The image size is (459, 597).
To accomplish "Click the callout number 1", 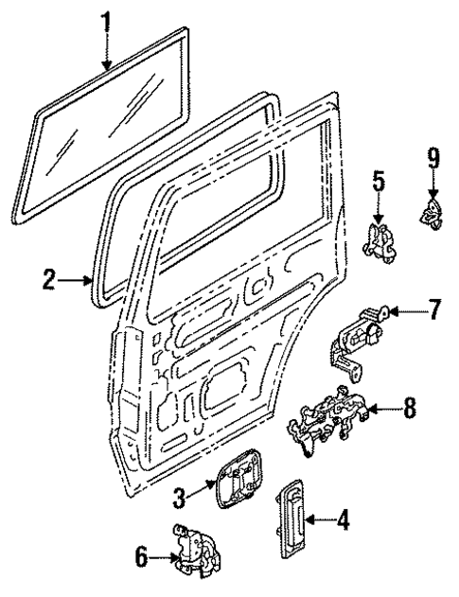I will (107, 19).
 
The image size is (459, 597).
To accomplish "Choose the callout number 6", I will (141, 560).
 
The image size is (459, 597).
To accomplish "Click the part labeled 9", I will (431, 212).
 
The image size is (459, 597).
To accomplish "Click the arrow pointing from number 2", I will (79, 280).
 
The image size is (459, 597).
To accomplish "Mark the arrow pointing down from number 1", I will (107, 52).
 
